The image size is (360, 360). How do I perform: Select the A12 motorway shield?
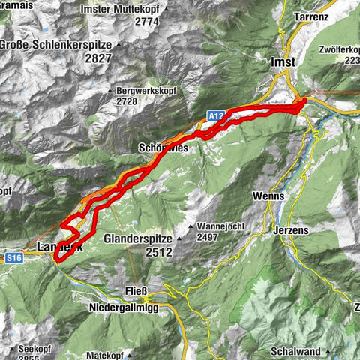(216, 114)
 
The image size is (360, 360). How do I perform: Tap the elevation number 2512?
(160, 253)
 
